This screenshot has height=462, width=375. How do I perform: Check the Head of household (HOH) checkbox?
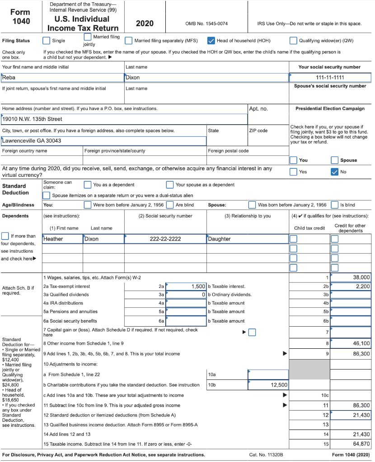click(211, 41)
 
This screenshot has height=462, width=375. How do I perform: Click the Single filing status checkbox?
click(46, 41)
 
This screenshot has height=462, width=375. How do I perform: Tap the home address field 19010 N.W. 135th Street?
click(124, 119)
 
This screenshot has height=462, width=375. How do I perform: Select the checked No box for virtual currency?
click(335, 171)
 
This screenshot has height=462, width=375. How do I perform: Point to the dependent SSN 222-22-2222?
click(165, 239)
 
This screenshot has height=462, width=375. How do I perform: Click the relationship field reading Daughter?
click(247, 239)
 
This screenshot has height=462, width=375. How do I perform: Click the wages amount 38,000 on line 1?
click(351, 277)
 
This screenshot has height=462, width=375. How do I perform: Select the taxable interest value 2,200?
click(351, 286)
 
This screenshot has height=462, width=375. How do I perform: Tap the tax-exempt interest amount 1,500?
click(186, 286)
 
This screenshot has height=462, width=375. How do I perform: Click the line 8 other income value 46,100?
click(351, 343)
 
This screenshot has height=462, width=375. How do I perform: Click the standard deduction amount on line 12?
click(351, 415)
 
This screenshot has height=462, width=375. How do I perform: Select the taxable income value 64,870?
click(351, 444)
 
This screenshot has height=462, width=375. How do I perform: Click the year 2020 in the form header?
click(145, 23)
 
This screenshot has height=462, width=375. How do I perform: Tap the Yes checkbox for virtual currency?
click(294, 171)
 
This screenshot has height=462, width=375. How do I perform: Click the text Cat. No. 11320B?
click(266, 455)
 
